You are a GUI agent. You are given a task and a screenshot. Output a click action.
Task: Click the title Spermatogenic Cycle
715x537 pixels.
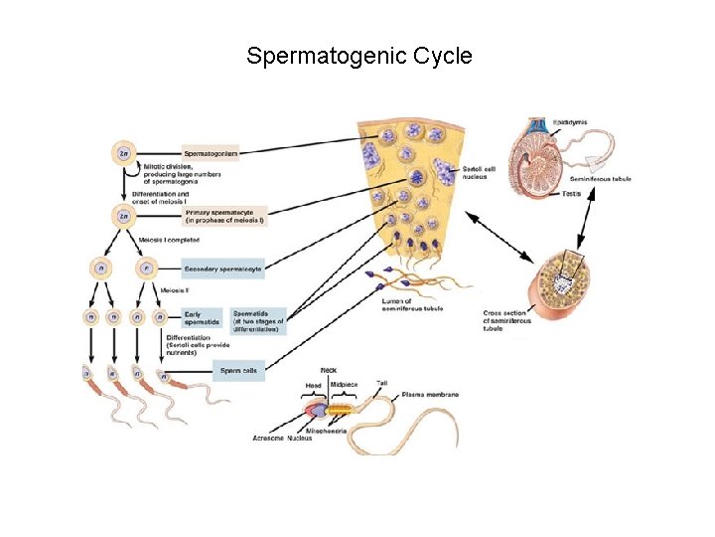pyautogui.click(x=358, y=56)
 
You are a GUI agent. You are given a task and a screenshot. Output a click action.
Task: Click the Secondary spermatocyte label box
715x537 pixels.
pyautogui.click(x=222, y=268)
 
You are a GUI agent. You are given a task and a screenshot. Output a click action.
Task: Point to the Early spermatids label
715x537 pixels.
pyautogui.click(x=200, y=318)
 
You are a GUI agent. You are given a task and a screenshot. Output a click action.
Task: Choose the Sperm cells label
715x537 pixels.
pyautogui.click(x=237, y=371)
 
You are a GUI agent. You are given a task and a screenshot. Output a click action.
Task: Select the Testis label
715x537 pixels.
pyautogui.click(x=571, y=193)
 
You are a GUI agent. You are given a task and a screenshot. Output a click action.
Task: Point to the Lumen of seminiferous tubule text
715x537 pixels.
pyautogui.click(x=412, y=304)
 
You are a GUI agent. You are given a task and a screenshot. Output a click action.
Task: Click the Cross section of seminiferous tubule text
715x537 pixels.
pyautogui.click(x=506, y=321)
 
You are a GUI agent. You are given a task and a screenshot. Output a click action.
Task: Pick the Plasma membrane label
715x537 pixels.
pyautogui.click(x=430, y=395)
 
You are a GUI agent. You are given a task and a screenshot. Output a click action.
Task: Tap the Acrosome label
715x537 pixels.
pyautogui.click(x=268, y=438)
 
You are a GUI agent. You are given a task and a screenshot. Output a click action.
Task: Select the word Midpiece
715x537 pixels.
pyautogui.click(x=345, y=384)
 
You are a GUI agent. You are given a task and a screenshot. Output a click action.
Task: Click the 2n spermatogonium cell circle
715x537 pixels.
pyautogui.click(x=123, y=153)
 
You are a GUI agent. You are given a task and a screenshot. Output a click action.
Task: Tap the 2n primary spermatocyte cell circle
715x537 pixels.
pyautogui.click(x=123, y=214)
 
